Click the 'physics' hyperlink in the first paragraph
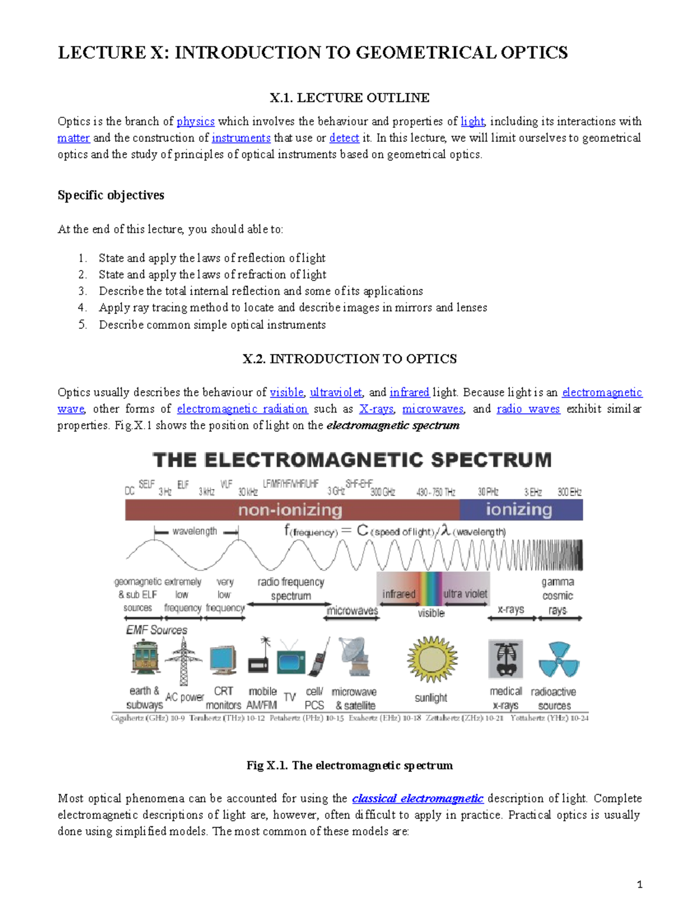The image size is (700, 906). pyautogui.click(x=195, y=121)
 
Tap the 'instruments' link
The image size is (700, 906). pyautogui.click(x=241, y=138)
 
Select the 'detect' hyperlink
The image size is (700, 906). pyautogui.click(x=344, y=138)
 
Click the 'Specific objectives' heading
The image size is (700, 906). pyautogui.click(x=111, y=195)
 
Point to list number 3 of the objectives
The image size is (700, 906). pyautogui.click(x=83, y=291)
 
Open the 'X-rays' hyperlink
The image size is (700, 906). pyautogui.click(x=376, y=409)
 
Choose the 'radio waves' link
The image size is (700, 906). pyautogui.click(x=528, y=409)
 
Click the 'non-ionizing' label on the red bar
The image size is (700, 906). pyautogui.click(x=290, y=510)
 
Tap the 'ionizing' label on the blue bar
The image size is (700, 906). pyautogui.click(x=519, y=509)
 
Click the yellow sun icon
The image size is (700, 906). pyautogui.click(x=432, y=659)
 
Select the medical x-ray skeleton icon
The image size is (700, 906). pyautogui.click(x=505, y=659)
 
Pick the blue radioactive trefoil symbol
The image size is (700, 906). pyautogui.click(x=558, y=660)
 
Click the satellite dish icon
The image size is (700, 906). pyautogui.click(x=354, y=656)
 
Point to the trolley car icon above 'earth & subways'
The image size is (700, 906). pyautogui.click(x=145, y=658)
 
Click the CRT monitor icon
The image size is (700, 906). pyautogui.click(x=223, y=660)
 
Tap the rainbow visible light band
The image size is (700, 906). pyautogui.click(x=432, y=589)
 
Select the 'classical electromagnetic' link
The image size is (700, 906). pyautogui.click(x=418, y=799)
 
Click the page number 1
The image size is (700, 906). pyautogui.click(x=640, y=884)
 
